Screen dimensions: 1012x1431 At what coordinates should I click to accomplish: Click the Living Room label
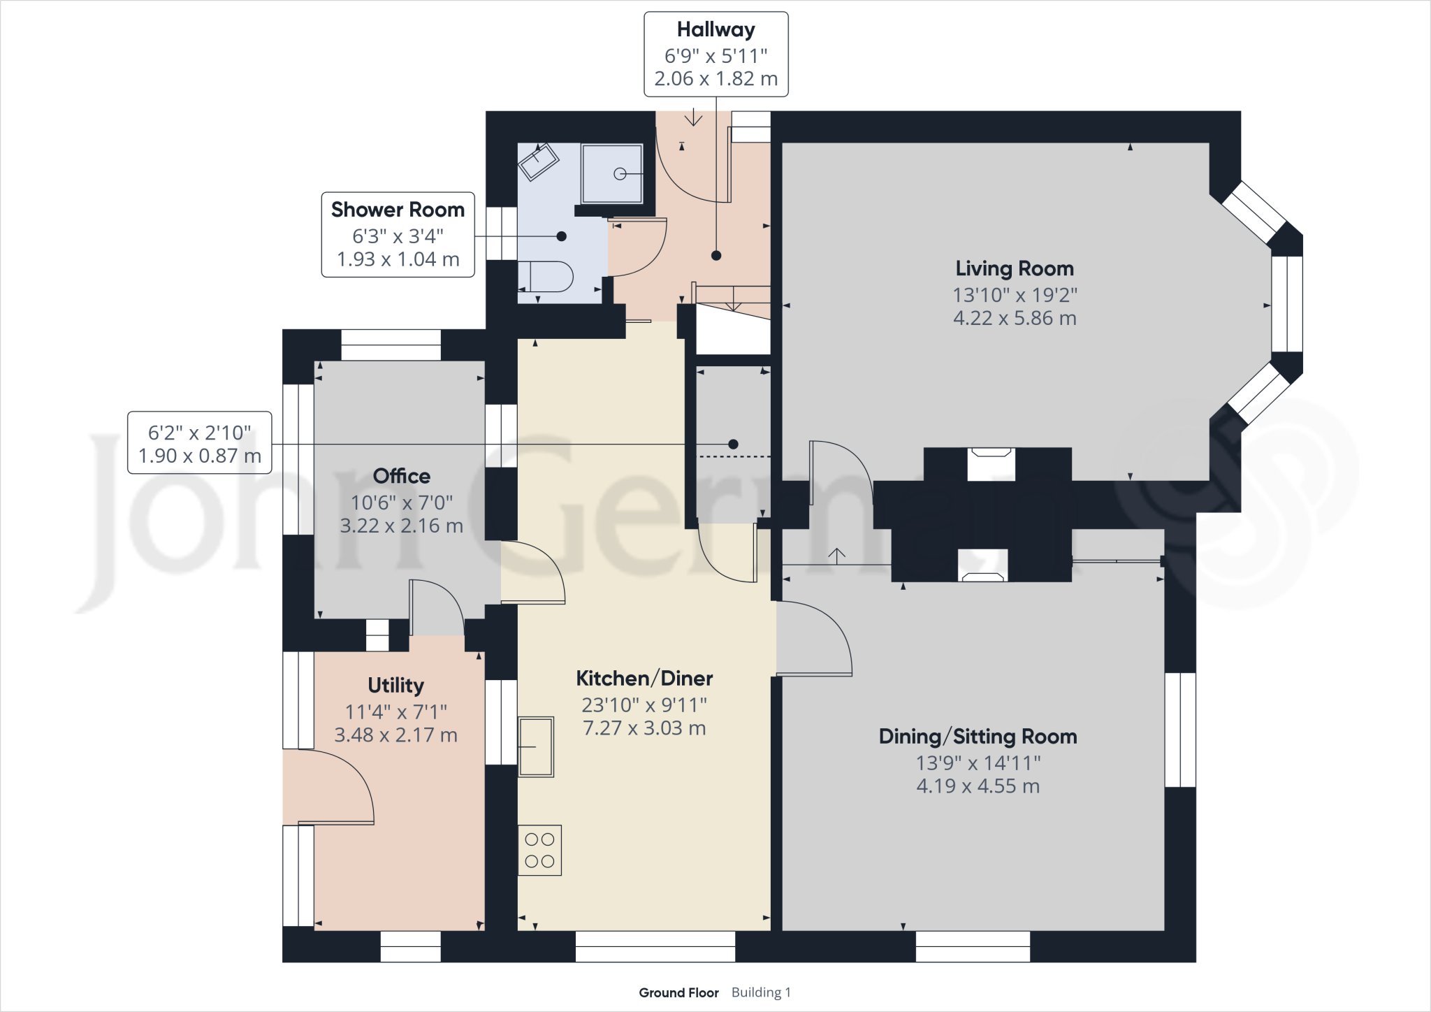coord(1014,268)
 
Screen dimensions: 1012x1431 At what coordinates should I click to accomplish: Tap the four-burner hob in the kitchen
coord(539,851)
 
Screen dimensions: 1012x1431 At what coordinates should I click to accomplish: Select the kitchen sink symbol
coord(536,746)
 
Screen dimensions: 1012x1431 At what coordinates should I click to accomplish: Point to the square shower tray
coord(612,173)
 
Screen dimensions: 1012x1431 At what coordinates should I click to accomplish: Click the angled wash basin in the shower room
coord(538,162)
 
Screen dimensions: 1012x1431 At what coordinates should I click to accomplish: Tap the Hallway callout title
coord(715,30)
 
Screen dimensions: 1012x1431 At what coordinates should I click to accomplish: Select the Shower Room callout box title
coord(398,210)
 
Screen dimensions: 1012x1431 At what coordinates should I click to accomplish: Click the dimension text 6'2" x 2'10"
coord(199,433)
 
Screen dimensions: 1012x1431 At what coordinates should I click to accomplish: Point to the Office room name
coord(401,476)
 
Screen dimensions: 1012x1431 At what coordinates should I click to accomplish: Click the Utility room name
coord(395,686)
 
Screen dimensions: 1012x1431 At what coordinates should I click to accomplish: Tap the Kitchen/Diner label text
coord(644,679)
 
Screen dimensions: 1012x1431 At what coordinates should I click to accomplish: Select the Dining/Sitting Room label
coord(978,737)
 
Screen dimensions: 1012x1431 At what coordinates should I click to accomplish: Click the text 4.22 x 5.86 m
coord(1014,318)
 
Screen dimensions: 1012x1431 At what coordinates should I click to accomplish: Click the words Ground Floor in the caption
coord(678,992)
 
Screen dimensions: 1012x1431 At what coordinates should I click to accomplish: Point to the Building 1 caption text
coord(761,992)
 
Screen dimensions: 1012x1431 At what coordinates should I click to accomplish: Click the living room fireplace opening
coord(991,463)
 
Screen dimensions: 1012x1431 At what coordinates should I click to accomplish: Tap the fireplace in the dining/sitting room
coord(982,565)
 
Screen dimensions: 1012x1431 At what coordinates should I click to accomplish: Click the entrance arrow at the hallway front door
coord(693,118)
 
